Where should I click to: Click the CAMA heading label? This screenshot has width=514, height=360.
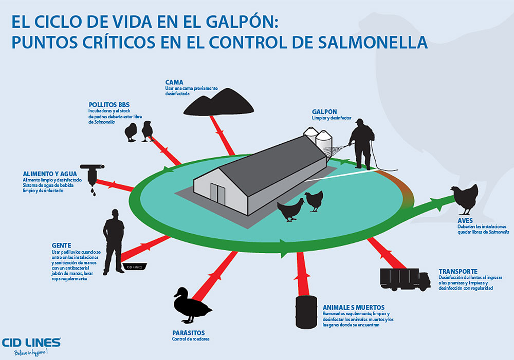pyautogui.click(x=174, y=82)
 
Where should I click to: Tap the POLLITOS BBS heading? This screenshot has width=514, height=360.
pyautogui.click(x=106, y=104)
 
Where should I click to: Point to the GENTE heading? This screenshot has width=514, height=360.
pyautogui.click(x=61, y=245)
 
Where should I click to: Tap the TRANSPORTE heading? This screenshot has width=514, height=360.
pyautogui.click(x=458, y=271)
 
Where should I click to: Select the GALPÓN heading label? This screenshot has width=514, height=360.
pyautogui.click(x=324, y=111)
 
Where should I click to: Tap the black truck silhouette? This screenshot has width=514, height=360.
pyautogui.click(x=405, y=279)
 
